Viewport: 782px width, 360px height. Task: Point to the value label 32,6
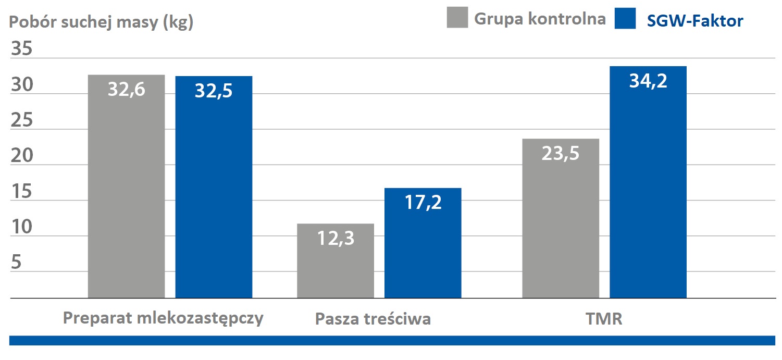click(127, 90)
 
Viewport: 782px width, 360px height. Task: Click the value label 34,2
click(648, 81)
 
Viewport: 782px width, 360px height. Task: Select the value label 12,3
click(336, 238)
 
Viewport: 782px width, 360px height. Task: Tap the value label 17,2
click(423, 202)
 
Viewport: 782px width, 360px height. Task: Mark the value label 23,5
click(561, 154)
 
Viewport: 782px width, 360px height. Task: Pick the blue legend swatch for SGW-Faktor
click(625, 19)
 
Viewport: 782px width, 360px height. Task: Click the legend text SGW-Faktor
click(695, 20)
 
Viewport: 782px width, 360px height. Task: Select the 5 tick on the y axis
click(16, 263)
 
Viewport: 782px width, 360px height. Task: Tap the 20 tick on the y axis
click(21, 156)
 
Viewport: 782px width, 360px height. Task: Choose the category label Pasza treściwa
click(373, 319)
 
